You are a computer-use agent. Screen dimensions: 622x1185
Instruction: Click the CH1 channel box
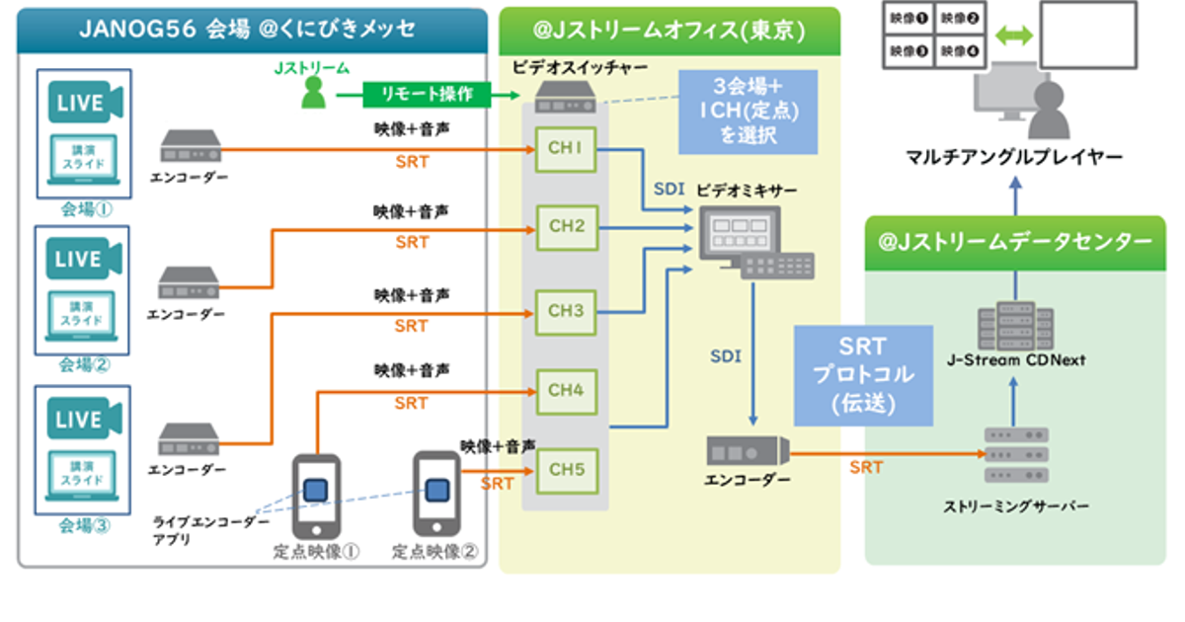click(x=566, y=149)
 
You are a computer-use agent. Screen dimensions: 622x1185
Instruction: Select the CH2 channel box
click(x=566, y=227)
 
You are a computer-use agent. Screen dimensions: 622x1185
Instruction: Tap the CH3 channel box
click(x=566, y=311)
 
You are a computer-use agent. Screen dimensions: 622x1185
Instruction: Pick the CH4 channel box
click(x=566, y=390)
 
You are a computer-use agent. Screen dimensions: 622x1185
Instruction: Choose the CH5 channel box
click(x=566, y=469)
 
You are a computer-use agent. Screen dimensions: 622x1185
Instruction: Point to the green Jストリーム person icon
click(x=313, y=93)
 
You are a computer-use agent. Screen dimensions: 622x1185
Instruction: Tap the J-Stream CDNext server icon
click(x=1011, y=325)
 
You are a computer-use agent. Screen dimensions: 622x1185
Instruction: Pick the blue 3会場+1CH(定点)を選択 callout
click(x=748, y=112)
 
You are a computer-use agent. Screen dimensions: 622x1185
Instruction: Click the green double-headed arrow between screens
click(x=1013, y=36)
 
